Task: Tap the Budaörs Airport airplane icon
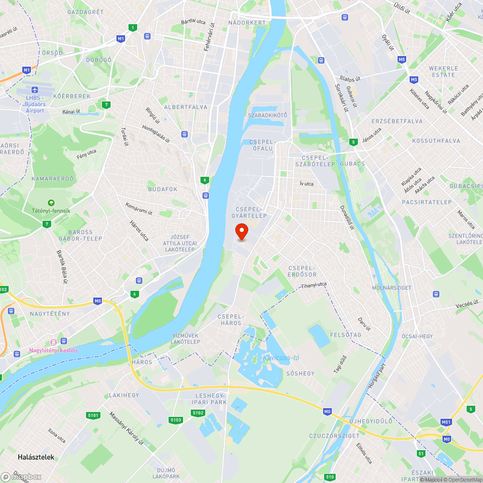click(35, 90)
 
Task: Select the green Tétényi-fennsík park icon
click(51, 203)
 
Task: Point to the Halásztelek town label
click(36, 457)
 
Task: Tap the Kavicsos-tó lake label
click(281, 358)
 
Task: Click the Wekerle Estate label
click(443, 71)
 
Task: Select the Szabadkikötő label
click(268, 115)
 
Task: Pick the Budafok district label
click(163, 189)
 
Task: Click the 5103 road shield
click(176, 420)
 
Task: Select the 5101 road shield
click(93, 415)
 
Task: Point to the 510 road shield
click(330, 477)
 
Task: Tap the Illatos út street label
click(350, 78)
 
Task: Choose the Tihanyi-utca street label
click(314, 285)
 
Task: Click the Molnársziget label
click(392, 288)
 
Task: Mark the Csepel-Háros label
click(231, 320)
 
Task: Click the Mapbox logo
click(21, 477)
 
